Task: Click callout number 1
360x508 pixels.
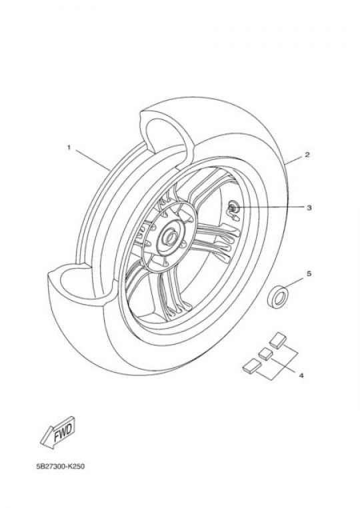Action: coord(69,148)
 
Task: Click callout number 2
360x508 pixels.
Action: coord(307,155)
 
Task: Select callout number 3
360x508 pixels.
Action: coord(309,207)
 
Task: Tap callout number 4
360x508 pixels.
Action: coord(301,375)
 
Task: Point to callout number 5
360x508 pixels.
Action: coord(309,274)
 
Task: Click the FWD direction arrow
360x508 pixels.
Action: coord(58,432)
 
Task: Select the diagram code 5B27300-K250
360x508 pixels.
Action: coord(61,467)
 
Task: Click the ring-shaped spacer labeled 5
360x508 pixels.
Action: coord(278,297)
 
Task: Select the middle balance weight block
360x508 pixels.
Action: coord(265,353)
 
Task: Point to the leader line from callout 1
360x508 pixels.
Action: coord(93,161)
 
